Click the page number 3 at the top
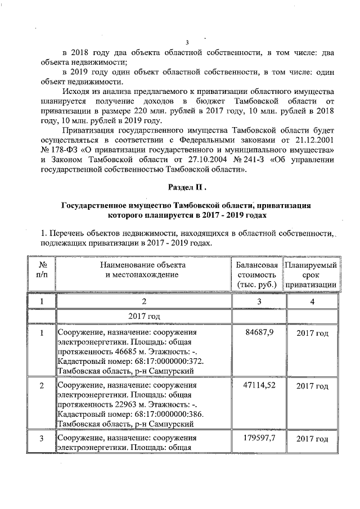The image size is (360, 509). click(188, 42)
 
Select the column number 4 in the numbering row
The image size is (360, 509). click(312, 302)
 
